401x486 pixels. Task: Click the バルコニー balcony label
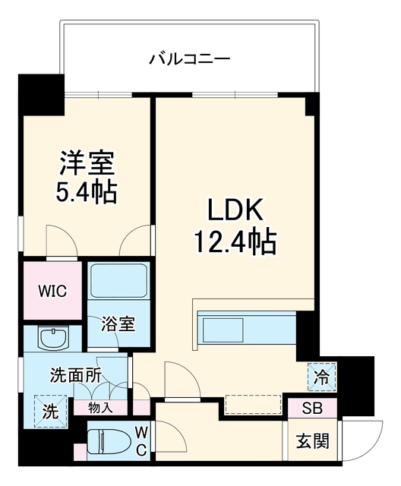coord(190,59)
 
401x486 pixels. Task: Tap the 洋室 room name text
coord(87,163)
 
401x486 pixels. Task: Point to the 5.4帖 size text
coord(86,192)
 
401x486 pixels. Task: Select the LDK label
coord(235,210)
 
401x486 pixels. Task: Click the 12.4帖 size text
coord(235,241)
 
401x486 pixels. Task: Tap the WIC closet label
coord(52,291)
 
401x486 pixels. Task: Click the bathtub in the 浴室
coord(118,280)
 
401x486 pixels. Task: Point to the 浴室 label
coord(118,324)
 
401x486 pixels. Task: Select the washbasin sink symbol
coord(53,338)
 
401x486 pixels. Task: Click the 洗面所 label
coord(76,376)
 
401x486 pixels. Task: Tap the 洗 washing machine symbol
coord(51,411)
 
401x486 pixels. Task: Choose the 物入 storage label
coord(100,409)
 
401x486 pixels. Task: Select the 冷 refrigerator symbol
coord(321,377)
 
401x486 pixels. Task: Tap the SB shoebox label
coord(312,409)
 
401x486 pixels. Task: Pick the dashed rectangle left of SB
coord(253,404)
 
